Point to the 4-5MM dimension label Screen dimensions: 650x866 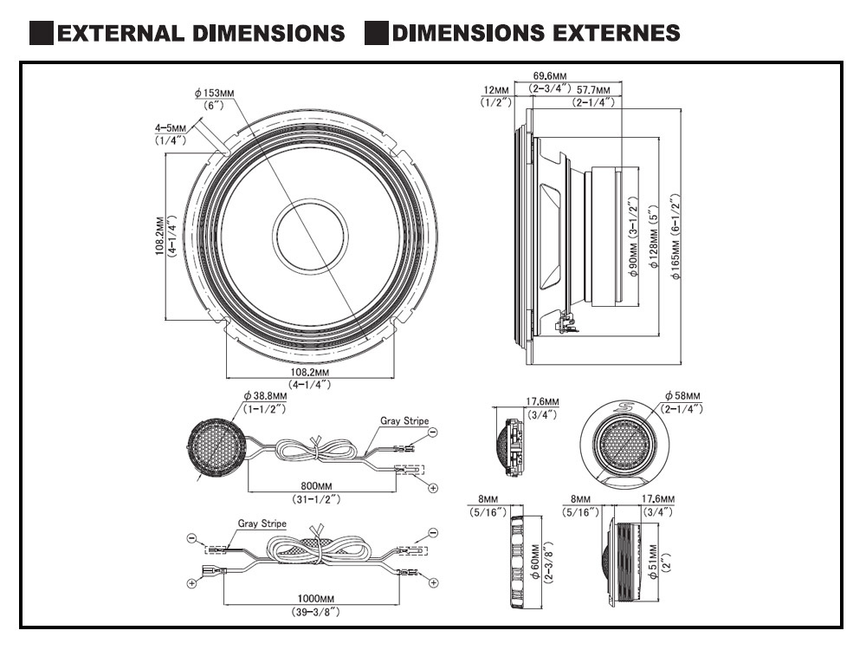171,127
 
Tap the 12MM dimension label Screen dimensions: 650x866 496,90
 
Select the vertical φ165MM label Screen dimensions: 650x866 676,235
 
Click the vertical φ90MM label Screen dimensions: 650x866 633,235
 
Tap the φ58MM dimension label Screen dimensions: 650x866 682,396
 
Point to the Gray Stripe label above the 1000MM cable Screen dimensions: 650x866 262,524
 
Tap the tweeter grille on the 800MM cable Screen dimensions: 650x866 216,447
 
